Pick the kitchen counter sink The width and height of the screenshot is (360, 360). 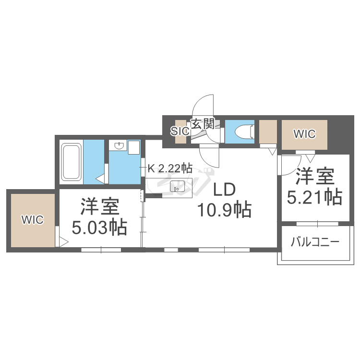coord(175,186)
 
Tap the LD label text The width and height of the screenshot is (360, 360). coord(224,190)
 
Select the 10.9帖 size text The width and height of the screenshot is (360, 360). coord(224,210)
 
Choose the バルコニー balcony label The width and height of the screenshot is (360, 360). coord(314,242)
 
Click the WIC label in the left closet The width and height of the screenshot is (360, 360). coord(32,220)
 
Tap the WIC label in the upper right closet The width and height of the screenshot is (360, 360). coord(304,134)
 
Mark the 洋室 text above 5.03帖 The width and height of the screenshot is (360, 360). coord(99,207)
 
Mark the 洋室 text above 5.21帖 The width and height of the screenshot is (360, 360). coord(314,177)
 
